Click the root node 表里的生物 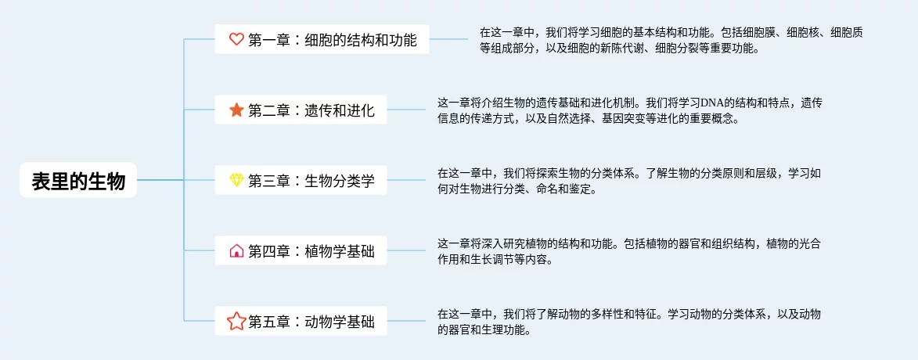[x=78, y=181]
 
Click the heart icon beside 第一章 [x=236, y=39]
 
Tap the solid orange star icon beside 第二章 [x=236, y=110]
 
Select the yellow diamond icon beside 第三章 [x=236, y=181]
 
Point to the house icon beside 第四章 [x=236, y=251]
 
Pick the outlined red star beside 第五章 [x=236, y=321]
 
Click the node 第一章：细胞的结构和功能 [x=332, y=39]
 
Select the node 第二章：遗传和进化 [x=311, y=110]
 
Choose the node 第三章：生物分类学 [x=311, y=181]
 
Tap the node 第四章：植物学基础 [x=311, y=251]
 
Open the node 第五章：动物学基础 [x=311, y=321]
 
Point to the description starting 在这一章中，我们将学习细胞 [x=671, y=40]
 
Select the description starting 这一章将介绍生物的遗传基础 [x=629, y=111]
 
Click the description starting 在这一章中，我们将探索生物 [x=629, y=181]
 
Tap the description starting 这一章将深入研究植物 [x=629, y=251]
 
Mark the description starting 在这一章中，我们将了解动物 [x=629, y=322]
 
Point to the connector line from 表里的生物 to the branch [x=160, y=181]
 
